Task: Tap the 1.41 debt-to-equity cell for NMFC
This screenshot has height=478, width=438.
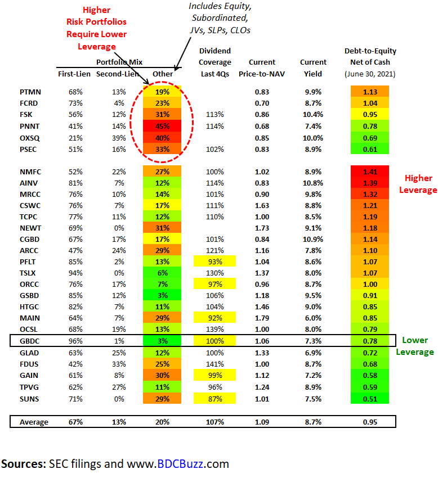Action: coord(370,172)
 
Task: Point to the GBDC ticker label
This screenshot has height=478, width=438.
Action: coord(30,340)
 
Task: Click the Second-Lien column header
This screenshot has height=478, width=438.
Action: coord(117,74)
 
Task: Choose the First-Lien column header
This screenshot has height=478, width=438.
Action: coord(74,74)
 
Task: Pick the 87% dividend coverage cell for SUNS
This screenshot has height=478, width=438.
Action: coord(214,398)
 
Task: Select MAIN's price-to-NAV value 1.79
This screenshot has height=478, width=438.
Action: coord(262,318)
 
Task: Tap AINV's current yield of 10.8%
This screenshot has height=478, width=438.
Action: coord(313,183)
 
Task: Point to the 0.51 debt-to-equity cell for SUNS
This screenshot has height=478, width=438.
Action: coord(370,398)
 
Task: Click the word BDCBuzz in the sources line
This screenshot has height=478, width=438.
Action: coord(185,464)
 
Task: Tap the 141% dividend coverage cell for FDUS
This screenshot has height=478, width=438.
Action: coord(214,364)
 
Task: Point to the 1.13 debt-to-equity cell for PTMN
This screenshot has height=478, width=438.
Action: coord(370,92)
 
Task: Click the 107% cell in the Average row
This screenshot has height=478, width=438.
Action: coord(214,422)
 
